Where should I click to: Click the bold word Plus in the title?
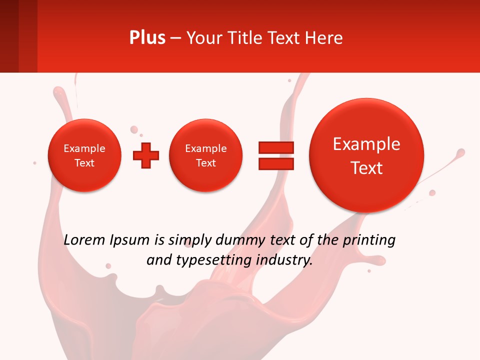pos(147,38)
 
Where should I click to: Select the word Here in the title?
pos(325,38)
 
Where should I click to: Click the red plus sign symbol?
pos(146,155)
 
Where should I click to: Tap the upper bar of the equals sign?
pos(276,147)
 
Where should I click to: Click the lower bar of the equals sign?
pos(276,164)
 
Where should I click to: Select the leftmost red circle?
pos(84,155)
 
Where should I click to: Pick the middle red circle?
pos(205,155)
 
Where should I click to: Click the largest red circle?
pos(366,155)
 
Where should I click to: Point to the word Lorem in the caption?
pos(85,240)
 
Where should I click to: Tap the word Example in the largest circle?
pos(366,144)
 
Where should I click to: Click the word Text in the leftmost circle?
pos(84,163)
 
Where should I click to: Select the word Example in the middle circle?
pos(205,148)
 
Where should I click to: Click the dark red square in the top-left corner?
pos(9,36)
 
